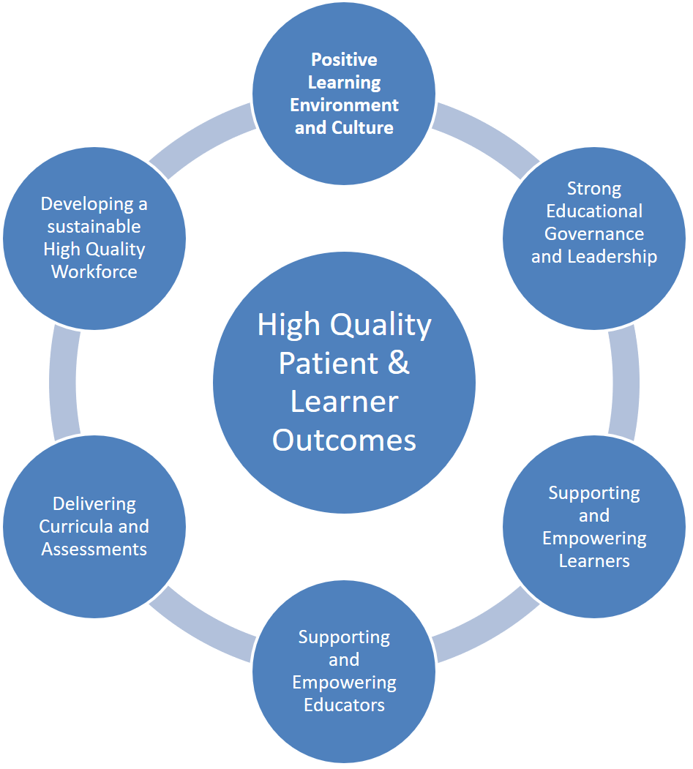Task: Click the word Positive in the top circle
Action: (344, 59)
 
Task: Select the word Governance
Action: (594, 234)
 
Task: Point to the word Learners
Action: (594, 561)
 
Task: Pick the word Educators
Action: (344, 705)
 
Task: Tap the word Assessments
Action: (94, 549)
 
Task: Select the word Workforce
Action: (94, 272)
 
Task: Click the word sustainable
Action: (94, 226)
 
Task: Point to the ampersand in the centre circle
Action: (398, 363)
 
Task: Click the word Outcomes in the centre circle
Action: (344, 440)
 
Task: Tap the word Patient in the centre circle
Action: (329, 363)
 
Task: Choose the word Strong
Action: (594, 189)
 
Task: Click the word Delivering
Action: (94, 504)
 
